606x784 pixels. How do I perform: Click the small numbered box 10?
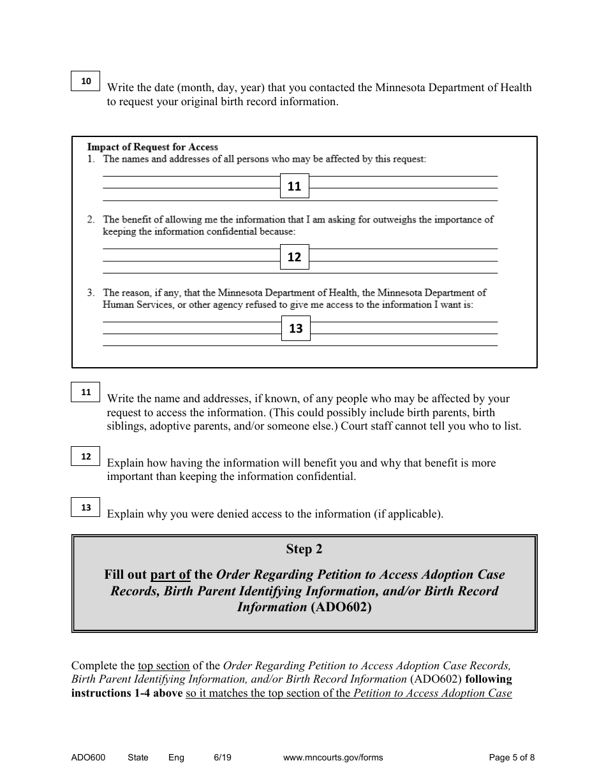coord(86,81)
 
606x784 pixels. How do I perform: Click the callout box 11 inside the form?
coord(294,187)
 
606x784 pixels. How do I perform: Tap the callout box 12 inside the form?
coord(294,258)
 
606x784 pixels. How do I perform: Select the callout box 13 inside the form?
coord(295,329)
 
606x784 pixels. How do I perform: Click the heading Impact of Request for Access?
coord(152,147)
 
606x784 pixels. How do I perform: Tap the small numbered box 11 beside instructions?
coord(86,393)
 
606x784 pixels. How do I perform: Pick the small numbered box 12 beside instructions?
coord(86,456)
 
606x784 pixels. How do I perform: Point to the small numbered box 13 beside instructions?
coord(86,507)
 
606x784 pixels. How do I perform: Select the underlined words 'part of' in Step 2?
coord(170,574)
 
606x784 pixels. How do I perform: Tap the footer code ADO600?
coord(88,758)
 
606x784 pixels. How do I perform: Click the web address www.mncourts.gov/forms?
coord(332,758)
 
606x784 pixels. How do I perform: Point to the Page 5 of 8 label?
coord(512,758)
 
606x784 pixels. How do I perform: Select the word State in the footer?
coord(138,758)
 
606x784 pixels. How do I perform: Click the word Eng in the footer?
coord(176,758)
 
